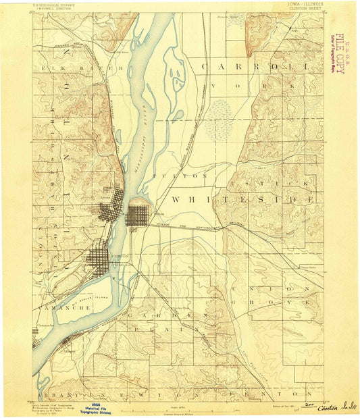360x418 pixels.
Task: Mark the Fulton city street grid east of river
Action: pos(140,217)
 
